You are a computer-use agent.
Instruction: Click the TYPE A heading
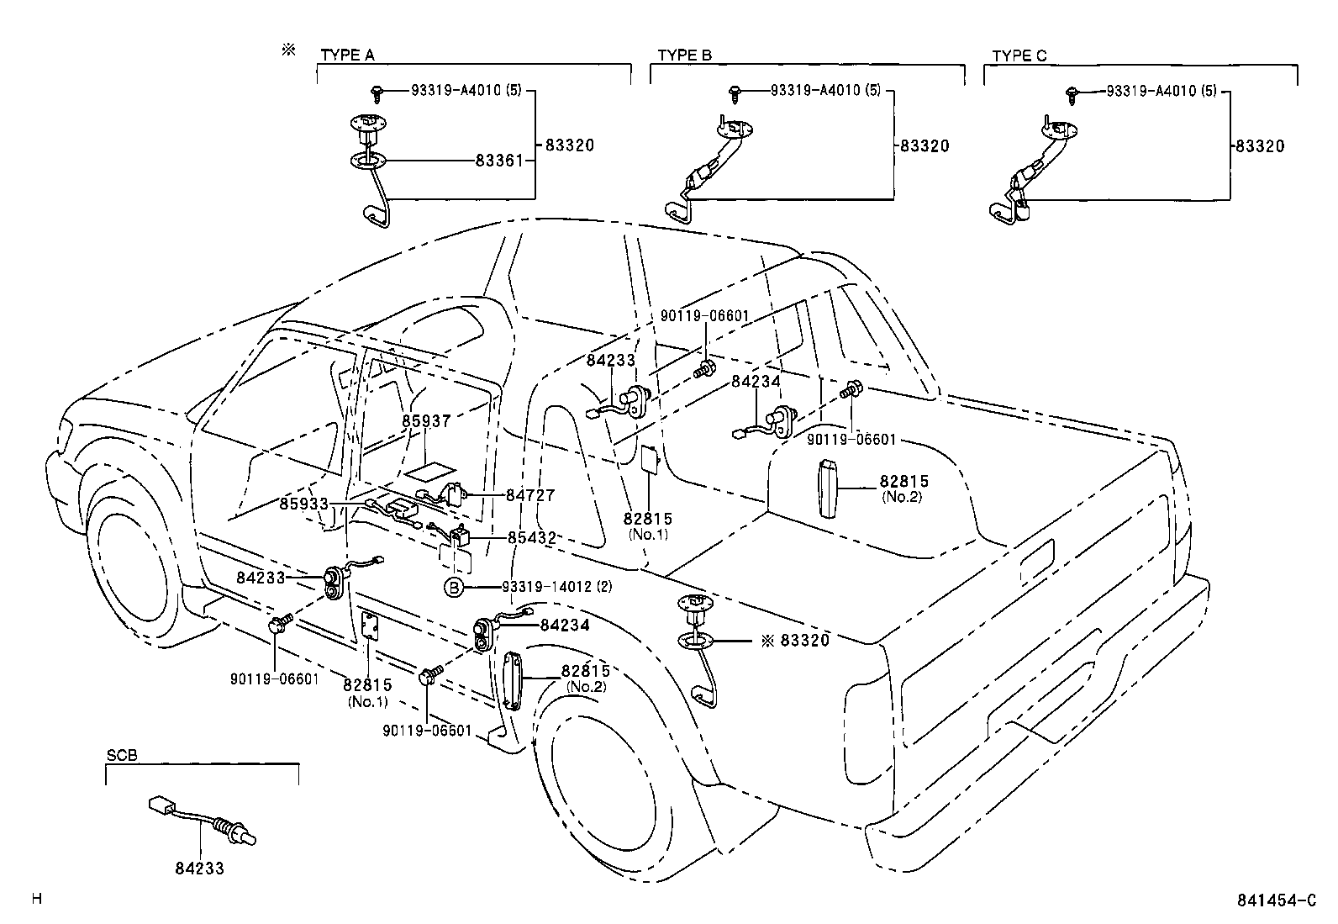pyautogui.click(x=347, y=55)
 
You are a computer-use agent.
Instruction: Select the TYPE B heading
pyautogui.click(x=684, y=55)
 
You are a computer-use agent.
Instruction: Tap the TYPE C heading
pyautogui.click(x=1019, y=55)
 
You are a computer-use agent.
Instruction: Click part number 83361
pyautogui.click(x=500, y=160)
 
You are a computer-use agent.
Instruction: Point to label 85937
pyautogui.click(x=426, y=420)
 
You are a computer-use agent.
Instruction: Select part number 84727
pyautogui.click(x=530, y=496)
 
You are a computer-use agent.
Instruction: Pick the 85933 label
pyautogui.click(x=304, y=504)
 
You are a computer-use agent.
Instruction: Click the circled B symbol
pyautogui.click(x=454, y=587)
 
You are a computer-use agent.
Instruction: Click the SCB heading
pyautogui.click(x=122, y=756)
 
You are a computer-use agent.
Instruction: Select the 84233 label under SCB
pyautogui.click(x=199, y=869)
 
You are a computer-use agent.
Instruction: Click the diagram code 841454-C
pyautogui.click(x=1274, y=900)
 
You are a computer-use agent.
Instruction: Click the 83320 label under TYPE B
pyautogui.click(x=924, y=146)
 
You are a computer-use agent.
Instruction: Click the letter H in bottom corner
pyautogui.click(x=37, y=899)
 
